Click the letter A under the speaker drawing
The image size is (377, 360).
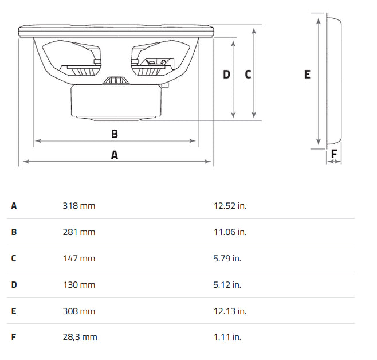(x=115, y=155)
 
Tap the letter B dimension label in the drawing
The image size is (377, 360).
(x=115, y=134)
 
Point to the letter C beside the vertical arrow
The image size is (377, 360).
(x=248, y=75)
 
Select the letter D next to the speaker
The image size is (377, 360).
(x=226, y=75)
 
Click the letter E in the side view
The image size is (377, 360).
(x=307, y=75)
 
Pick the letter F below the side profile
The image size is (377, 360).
(x=334, y=154)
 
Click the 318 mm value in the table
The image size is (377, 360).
(x=79, y=206)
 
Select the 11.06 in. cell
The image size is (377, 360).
(x=230, y=232)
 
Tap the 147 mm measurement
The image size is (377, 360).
(x=79, y=259)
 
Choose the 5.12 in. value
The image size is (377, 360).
(x=227, y=285)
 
